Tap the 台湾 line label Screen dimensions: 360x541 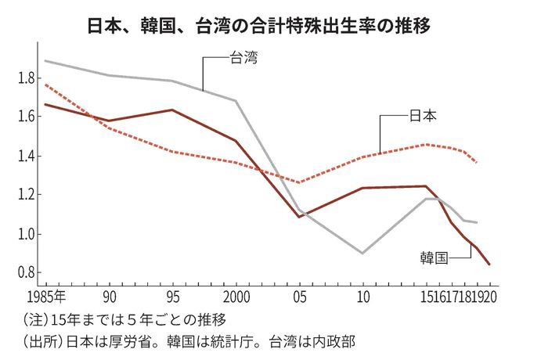243,56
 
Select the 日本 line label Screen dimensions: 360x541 424,116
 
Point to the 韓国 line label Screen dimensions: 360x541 432,257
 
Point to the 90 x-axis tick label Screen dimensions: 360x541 109,298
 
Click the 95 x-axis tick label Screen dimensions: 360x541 172,298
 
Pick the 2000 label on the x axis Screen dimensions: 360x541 236,298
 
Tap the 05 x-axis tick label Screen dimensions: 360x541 299,298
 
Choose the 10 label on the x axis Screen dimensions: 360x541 362,298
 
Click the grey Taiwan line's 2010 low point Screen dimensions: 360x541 362,253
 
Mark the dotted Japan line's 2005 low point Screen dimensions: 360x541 299,182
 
